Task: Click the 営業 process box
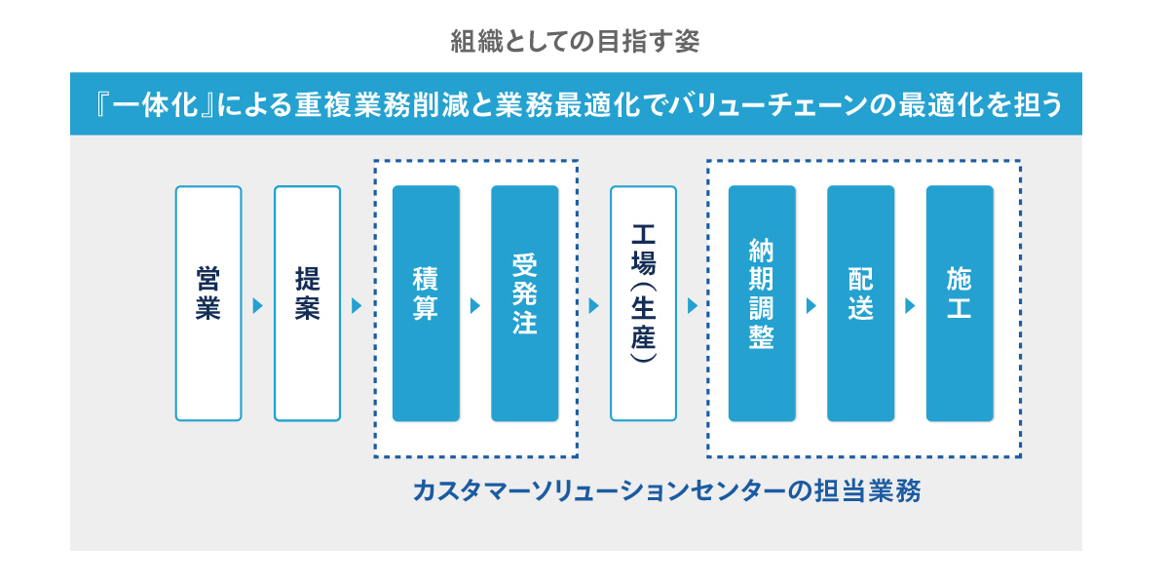pyautogui.click(x=208, y=303)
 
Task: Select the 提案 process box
pyautogui.click(x=307, y=303)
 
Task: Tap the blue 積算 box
pyautogui.click(x=426, y=303)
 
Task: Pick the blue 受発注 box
pyautogui.click(x=524, y=303)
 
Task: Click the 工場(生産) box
pyautogui.click(x=643, y=303)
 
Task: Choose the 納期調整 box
pyautogui.click(x=762, y=303)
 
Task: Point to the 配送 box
pyautogui.click(x=860, y=303)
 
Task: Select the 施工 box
pyautogui.click(x=960, y=303)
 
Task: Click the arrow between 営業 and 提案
pyautogui.click(x=258, y=306)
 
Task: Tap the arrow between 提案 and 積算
pyautogui.click(x=357, y=306)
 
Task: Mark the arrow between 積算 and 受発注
pyautogui.click(x=475, y=306)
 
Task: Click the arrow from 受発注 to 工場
pyautogui.click(x=594, y=306)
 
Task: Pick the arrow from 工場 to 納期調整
pyautogui.click(x=693, y=306)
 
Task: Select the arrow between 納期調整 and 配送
pyautogui.click(x=811, y=306)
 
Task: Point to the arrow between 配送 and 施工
pyautogui.click(x=910, y=306)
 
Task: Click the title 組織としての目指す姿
pyautogui.click(x=575, y=41)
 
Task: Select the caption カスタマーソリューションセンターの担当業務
pyautogui.click(x=667, y=489)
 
